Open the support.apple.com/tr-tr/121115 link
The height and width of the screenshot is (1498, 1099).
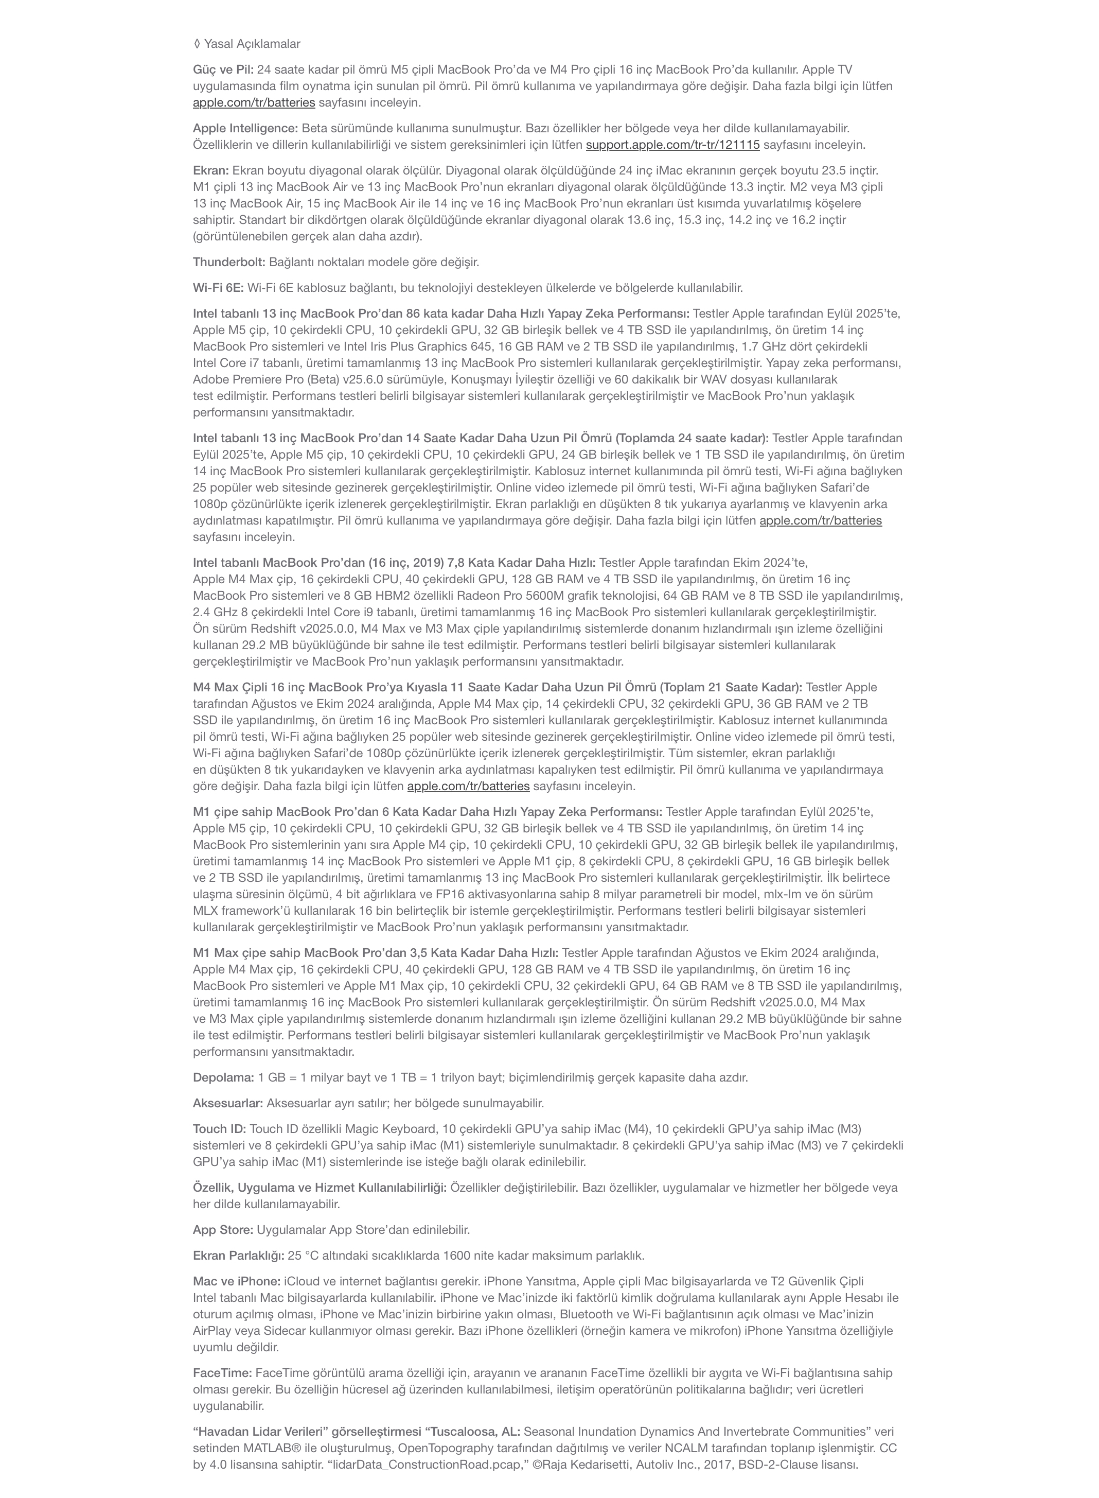click(672, 145)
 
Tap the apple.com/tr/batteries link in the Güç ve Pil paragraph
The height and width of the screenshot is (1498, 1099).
click(254, 102)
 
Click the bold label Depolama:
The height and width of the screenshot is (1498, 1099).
click(223, 1077)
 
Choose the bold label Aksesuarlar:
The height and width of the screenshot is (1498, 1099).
click(227, 1103)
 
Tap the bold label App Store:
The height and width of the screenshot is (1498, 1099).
click(223, 1230)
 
